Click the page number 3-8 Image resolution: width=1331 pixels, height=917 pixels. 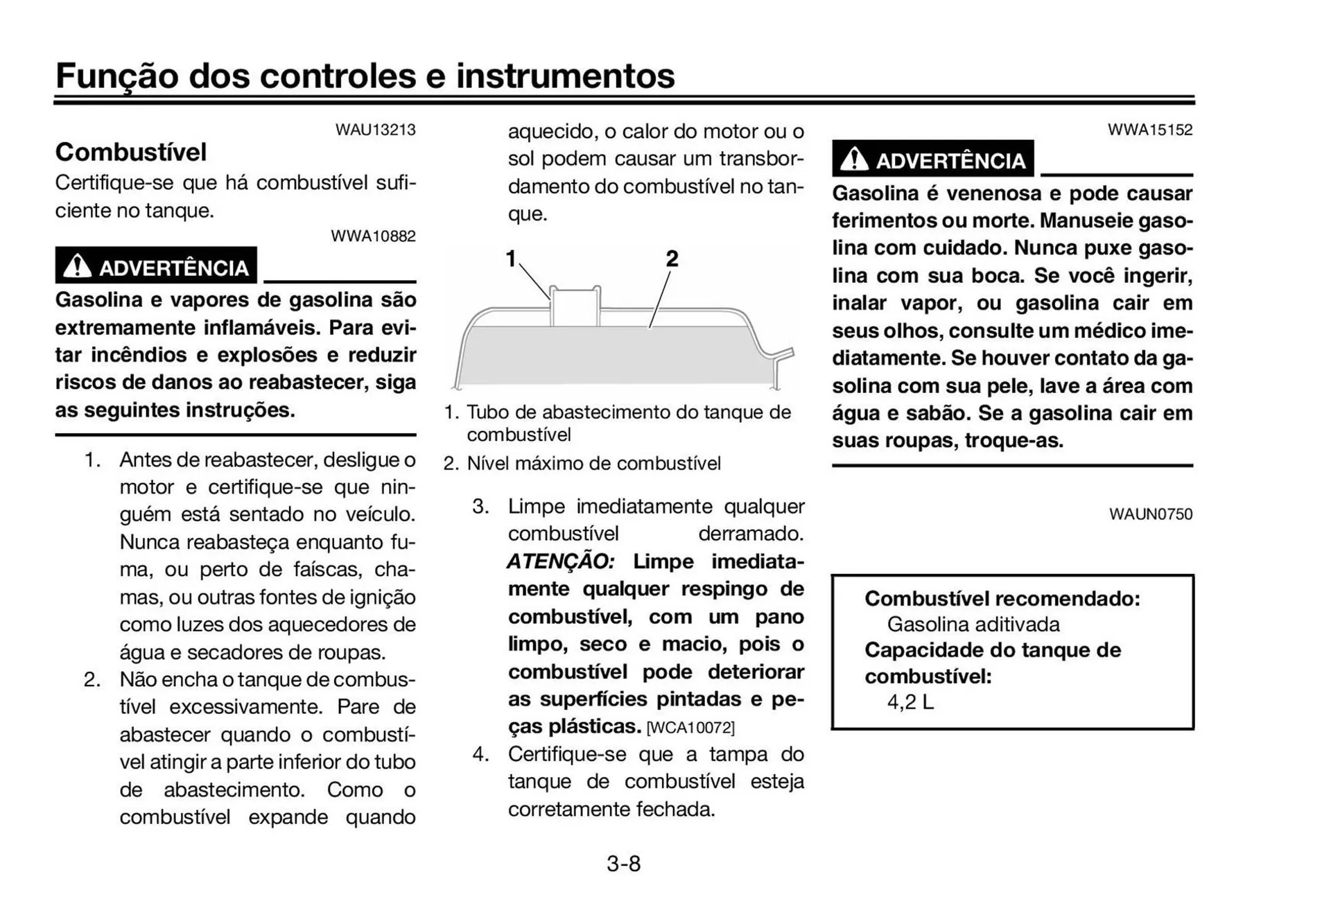click(623, 864)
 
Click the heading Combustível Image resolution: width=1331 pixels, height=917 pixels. click(131, 152)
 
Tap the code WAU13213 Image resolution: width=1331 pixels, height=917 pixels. click(375, 130)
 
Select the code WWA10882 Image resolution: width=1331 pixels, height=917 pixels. click(373, 236)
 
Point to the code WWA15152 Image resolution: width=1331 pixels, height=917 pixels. click(1149, 130)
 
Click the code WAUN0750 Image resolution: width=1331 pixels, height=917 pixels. click(1150, 514)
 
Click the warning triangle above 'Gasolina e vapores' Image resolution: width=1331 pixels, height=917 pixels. click(77, 266)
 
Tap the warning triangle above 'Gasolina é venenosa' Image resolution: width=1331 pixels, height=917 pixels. click(854, 159)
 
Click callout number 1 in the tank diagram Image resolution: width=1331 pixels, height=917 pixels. click(511, 259)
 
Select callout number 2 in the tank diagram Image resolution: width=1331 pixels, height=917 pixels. click(672, 259)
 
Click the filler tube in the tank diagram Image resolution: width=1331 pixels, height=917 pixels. click(575, 306)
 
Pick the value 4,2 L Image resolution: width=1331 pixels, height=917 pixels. click(910, 702)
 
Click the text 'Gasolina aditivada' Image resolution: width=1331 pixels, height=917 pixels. click(973, 625)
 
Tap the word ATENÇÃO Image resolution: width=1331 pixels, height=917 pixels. click(561, 561)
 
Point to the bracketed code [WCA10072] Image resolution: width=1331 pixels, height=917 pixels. click(690, 728)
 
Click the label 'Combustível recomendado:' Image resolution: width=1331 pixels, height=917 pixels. click(1002, 598)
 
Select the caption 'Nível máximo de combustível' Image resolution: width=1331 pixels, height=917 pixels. click(593, 463)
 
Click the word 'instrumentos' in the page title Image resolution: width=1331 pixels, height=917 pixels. click(565, 76)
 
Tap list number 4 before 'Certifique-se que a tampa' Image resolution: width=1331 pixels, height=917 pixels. click(480, 754)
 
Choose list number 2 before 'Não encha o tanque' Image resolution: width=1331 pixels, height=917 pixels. click(92, 679)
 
